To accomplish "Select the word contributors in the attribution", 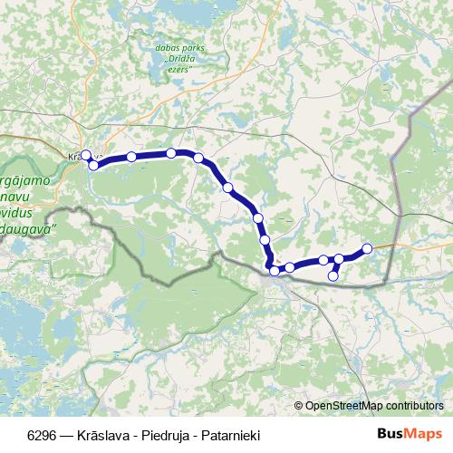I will [417, 406].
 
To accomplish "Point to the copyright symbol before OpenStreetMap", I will [298, 406].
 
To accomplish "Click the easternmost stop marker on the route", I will [367, 248].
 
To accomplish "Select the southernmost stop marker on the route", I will [333, 275].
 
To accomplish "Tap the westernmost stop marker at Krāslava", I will [86, 155].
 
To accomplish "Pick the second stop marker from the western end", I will [93, 165].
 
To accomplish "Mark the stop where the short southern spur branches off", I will [339, 259].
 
